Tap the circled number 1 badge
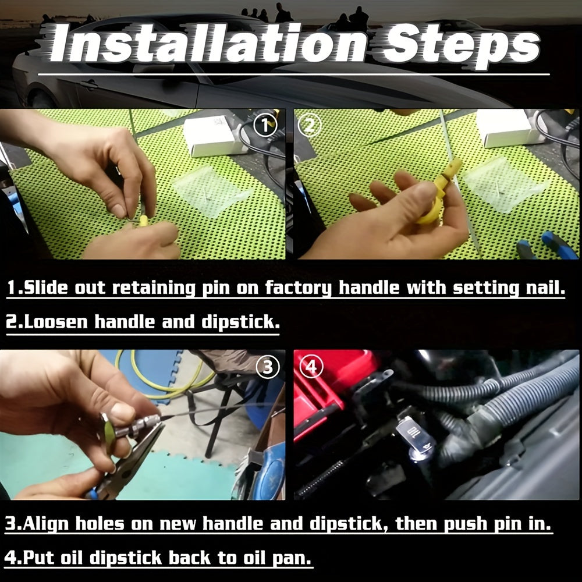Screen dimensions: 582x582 pos(265,125)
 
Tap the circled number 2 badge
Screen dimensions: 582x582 pos(310,125)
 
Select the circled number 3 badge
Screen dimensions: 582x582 pos(268,367)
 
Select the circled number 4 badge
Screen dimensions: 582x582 pos(311,367)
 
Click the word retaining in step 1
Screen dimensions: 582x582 pos(154,289)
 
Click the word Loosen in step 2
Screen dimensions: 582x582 pos(56,321)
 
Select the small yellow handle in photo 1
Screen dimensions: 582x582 pos(143,222)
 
